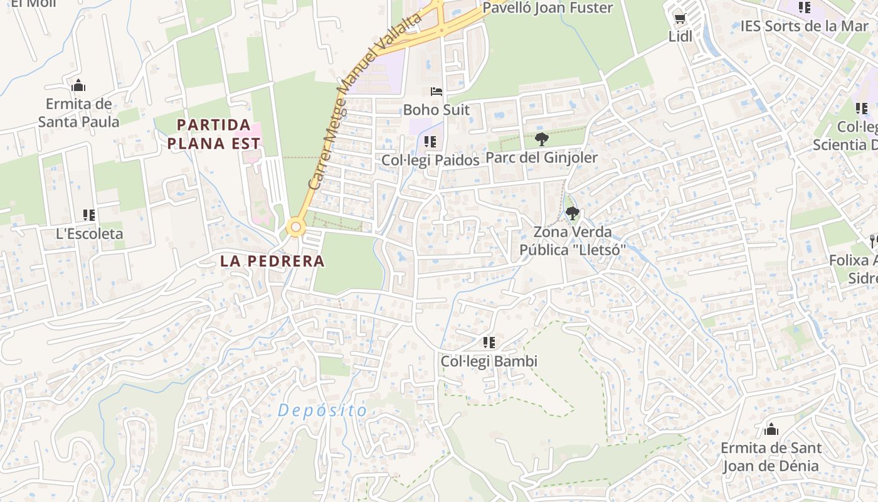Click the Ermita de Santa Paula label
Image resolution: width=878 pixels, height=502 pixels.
[78, 113]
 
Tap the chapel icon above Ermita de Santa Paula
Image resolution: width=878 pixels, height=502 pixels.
[78, 85]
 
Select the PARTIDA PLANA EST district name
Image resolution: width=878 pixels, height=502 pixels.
[214, 134]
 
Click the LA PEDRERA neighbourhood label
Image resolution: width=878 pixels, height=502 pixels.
[272, 261]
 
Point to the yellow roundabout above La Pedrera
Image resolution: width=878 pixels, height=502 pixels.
[295, 227]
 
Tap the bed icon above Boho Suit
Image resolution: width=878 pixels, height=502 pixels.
[436, 92]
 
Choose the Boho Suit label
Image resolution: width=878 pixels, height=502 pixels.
[436, 110]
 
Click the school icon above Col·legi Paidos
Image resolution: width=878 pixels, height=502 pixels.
[430, 142]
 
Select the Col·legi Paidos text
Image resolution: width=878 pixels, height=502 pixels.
[430, 161]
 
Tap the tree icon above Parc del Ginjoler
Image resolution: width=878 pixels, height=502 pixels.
[542, 139]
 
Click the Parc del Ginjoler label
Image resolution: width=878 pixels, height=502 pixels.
[542, 158]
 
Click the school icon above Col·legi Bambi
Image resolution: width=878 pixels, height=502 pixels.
[489, 343]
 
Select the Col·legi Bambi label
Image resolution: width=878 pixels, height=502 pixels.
[489, 361]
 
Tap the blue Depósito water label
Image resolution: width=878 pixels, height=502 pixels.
[322, 411]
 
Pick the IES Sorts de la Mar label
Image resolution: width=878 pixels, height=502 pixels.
[804, 26]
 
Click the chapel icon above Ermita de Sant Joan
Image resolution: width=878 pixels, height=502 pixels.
[771, 430]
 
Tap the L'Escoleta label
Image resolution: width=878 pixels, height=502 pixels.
[90, 234]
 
